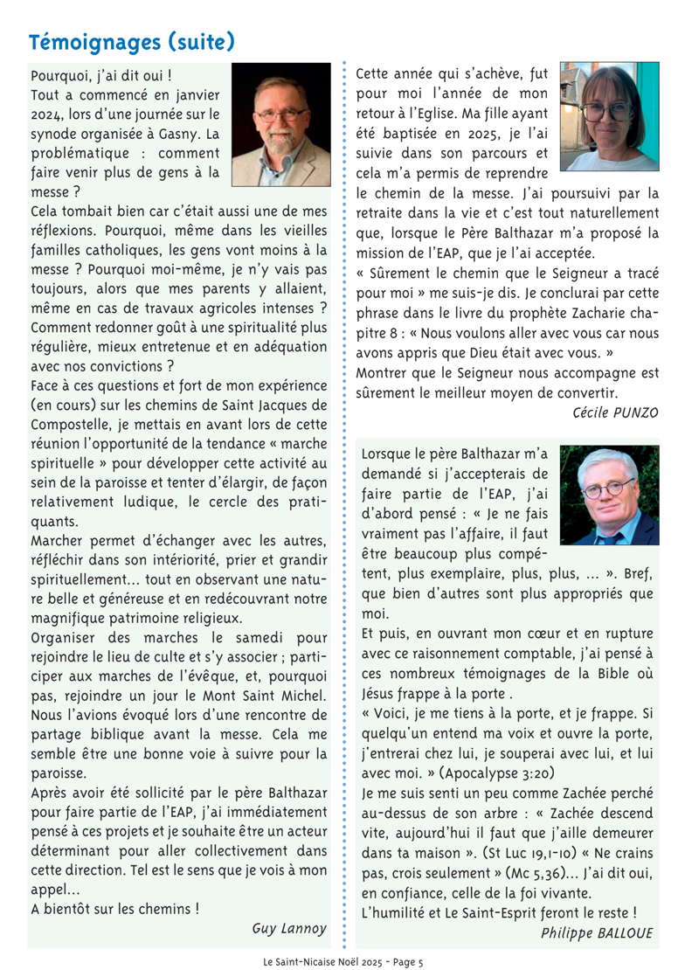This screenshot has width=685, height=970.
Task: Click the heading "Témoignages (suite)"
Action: pyautogui.click(x=131, y=41)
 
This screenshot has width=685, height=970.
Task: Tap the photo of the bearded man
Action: pyautogui.click(x=281, y=124)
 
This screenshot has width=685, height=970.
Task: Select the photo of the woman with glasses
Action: pyautogui.click(x=609, y=117)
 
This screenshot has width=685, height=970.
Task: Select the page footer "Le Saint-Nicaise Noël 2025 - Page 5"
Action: pyautogui.click(x=343, y=960)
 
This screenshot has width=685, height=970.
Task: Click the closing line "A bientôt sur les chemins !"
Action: pyautogui.click(x=114, y=907)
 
